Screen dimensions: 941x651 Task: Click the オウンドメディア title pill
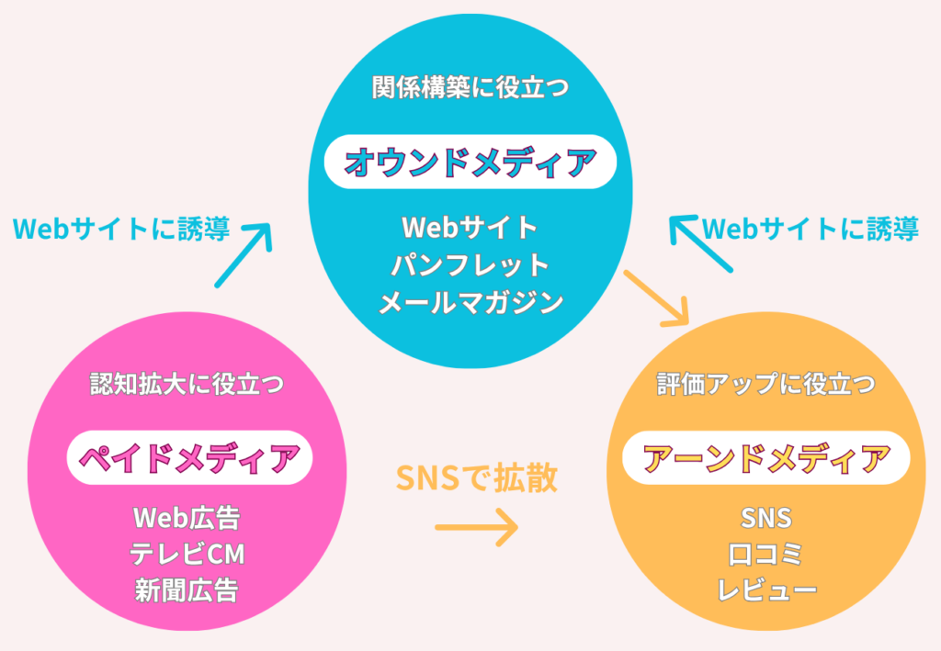click(470, 162)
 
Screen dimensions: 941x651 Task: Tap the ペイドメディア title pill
click(189, 458)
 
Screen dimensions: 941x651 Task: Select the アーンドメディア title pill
click(765, 458)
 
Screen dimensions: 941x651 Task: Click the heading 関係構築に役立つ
click(470, 87)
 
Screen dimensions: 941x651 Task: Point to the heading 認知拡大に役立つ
click(187, 384)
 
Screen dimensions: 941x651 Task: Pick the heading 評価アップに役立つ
click(765, 384)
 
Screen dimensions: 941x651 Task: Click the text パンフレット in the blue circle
click(470, 265)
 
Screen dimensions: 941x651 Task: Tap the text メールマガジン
click(470, 302)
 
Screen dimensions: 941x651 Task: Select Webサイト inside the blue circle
click(470, 228)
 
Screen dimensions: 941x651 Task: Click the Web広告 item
click(187, 518)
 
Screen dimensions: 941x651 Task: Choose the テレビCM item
click(187, 555)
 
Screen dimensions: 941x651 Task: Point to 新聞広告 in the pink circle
click(187, 590)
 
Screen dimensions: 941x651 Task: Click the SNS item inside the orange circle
click(765, 518)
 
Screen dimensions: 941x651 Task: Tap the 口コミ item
click(765, 555)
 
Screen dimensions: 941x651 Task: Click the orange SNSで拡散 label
click(477, 477)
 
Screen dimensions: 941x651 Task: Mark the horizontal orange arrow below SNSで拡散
click(477, 528)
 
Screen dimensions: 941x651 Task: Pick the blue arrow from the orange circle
click(701, 244)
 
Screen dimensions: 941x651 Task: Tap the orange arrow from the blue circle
click(656, 298)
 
